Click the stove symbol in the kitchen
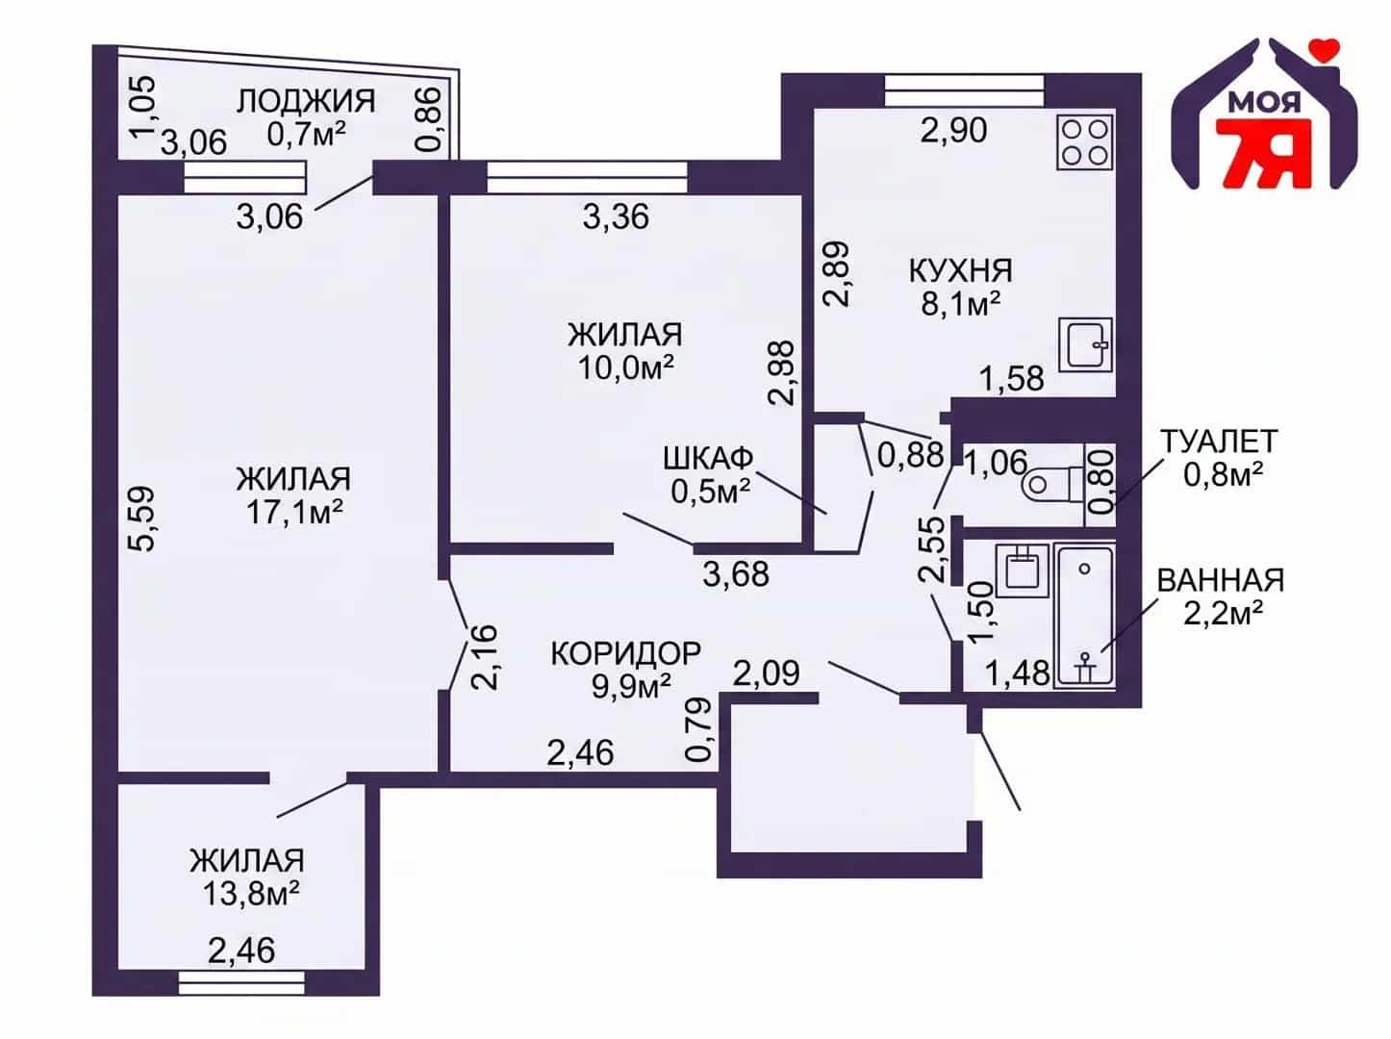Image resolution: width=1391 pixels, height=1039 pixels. coord(1085,142)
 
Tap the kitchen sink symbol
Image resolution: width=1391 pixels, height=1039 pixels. coord(1085,344)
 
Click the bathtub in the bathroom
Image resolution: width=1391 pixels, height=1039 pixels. coord(1084,615)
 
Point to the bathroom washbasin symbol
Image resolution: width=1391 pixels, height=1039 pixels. coord(1022,570)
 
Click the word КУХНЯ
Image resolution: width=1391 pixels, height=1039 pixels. coord(961,271)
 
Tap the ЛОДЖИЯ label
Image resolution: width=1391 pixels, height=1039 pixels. coord(306,101)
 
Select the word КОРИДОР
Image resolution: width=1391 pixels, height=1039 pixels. coord(625,654)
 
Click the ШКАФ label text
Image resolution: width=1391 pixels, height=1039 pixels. coord(708,458)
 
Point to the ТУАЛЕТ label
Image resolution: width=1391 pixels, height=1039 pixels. coord(1218,442)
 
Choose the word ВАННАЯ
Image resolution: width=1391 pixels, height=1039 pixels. coord(1221,580)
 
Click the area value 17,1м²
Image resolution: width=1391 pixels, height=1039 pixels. coord(294,512)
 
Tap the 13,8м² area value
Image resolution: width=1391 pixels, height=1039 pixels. coord(251,894)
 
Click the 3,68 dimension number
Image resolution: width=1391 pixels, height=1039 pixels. coord(736,574)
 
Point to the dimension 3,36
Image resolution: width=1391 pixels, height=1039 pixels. coord(616,216)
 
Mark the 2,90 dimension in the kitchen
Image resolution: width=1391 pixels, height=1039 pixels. coord(953,131)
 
